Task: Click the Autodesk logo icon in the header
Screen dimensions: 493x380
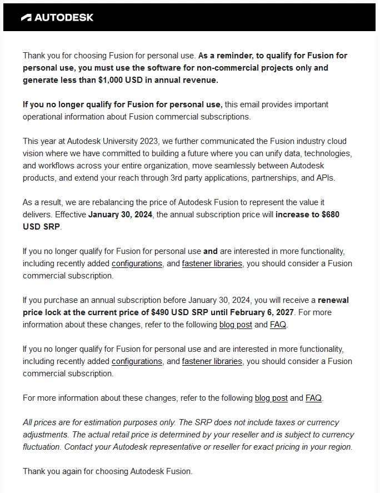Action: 27,17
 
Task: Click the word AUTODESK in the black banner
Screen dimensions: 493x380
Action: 64,17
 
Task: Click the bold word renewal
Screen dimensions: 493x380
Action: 333,300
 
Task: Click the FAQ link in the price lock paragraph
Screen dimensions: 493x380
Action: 278,325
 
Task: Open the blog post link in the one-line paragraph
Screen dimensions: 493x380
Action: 271,398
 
